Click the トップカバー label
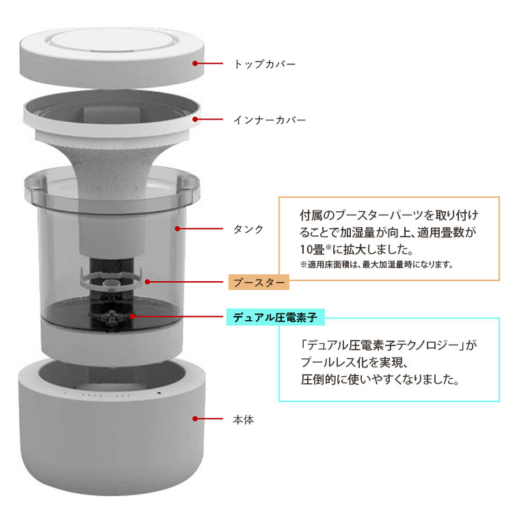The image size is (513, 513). (x=265, y=64)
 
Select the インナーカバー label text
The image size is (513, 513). (x=269, y=120)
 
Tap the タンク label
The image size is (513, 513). (x=248, y=229)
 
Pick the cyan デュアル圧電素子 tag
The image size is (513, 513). (x=275, y=317)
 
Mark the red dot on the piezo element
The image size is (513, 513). (x=132, y=317)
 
